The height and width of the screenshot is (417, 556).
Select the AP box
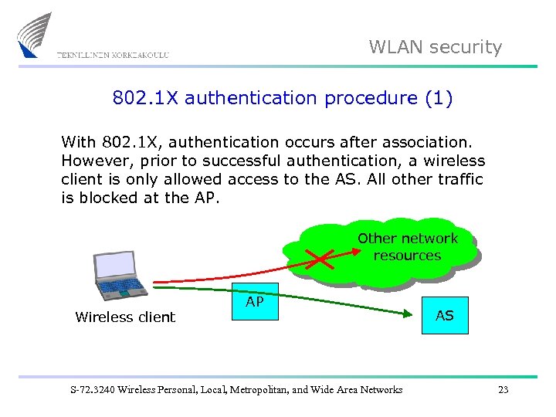tap(255, 302)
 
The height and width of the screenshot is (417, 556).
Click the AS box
tap(445, 315)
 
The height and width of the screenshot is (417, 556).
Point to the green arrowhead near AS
tap(409, 314)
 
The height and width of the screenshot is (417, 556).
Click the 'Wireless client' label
tap(125, 317)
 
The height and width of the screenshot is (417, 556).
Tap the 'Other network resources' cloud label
tap(407, 247)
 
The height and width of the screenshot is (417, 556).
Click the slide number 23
tap(503, 390)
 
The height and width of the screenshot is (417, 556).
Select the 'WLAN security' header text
tap(435, 47)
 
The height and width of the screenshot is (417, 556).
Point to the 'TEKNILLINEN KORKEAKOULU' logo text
tap(113, 55)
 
